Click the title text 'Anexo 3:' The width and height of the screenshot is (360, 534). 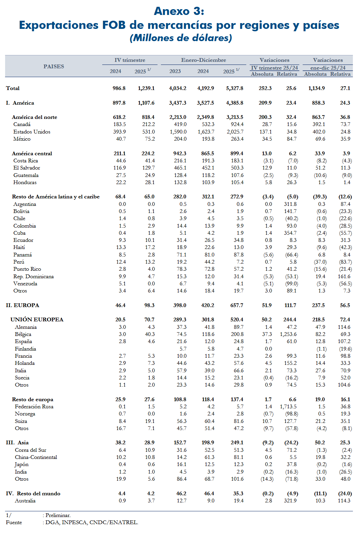[179, 11]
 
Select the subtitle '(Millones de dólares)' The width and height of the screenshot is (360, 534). [181, 38]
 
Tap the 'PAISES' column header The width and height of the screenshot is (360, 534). [54, 67]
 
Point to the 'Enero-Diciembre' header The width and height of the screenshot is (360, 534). [203, 60]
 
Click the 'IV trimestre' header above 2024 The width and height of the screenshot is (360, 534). [130, 60]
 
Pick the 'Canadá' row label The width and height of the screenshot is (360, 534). [22, 124]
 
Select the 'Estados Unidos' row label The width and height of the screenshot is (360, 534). [32, 132]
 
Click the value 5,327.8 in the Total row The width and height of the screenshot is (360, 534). [235, 88]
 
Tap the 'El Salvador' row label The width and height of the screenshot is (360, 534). [27, 168]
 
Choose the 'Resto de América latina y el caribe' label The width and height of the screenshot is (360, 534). [56, 197]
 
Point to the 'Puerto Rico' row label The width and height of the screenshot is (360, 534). [27, 269]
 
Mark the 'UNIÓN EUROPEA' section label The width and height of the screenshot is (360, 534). [37, 320]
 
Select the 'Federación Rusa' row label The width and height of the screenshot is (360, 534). [34, 407]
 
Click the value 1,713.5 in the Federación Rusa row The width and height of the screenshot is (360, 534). [288, 407]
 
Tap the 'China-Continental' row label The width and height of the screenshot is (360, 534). [36, 457]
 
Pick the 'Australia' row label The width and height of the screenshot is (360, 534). [25, 501]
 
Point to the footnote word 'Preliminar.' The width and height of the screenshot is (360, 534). [58, 515]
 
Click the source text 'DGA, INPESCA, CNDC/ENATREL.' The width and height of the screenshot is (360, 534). [92, 522]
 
